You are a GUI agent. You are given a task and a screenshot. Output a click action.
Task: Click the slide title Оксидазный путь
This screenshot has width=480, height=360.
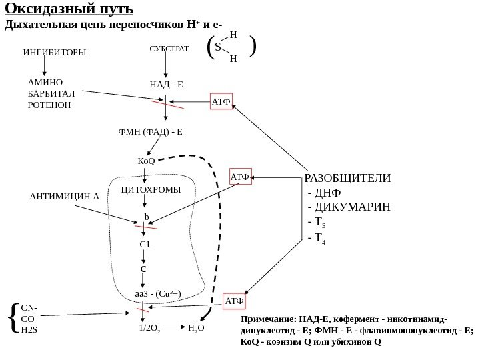69,11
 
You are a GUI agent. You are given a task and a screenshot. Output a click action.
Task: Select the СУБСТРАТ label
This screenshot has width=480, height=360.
167,49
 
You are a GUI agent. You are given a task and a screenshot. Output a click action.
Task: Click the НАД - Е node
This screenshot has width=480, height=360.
166,85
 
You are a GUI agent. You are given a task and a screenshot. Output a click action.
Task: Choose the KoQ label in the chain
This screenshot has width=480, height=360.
146,161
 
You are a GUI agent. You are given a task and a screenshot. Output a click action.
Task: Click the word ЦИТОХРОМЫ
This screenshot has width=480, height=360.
151,190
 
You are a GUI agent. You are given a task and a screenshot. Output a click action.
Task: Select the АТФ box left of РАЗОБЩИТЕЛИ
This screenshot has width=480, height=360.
240,177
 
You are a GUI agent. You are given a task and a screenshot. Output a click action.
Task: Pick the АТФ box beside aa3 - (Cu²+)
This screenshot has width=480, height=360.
235,301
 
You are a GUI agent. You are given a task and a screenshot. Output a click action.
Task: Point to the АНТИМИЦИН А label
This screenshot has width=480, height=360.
65,197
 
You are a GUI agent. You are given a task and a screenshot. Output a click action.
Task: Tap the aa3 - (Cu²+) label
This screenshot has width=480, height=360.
158,293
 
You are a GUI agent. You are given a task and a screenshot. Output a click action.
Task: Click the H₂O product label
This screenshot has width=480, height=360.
197,328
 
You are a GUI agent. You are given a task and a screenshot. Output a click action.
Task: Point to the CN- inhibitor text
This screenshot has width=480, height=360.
29,309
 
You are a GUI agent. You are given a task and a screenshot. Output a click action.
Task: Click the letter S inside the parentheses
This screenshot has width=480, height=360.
218,48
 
